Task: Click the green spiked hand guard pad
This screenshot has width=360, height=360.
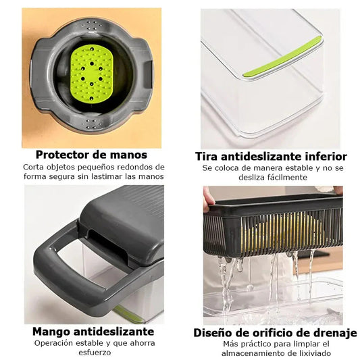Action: click(x=92, y=74)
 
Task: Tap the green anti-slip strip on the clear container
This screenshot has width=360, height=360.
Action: click(x=282, y=57)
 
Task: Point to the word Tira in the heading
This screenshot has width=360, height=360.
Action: click(x=207, y=157)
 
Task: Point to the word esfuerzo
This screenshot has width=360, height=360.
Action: click(x=95, y=352)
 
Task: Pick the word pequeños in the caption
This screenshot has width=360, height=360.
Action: click(x=97, y=168)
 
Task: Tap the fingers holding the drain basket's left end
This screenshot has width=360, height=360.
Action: click(x=209, y=199)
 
